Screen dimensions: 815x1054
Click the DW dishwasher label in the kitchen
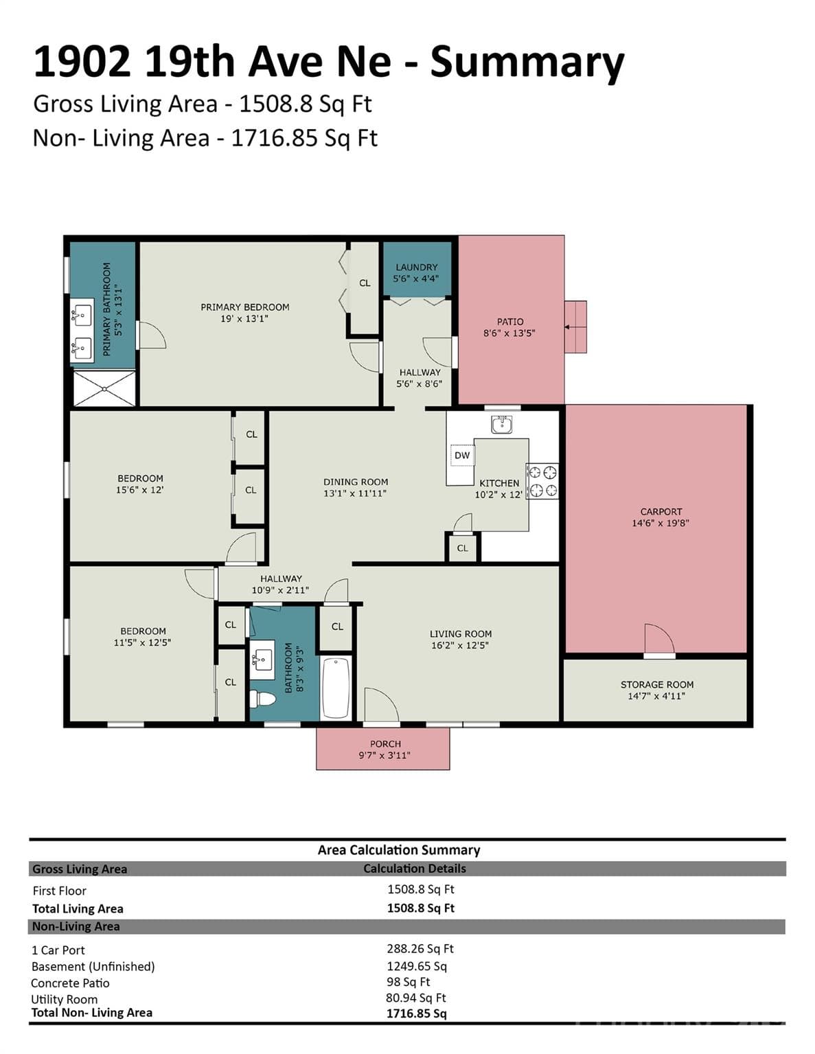[x=462, y=455]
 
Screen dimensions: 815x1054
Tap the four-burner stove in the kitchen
[x=542, y=480]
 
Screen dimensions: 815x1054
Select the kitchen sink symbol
[x=502, y=425]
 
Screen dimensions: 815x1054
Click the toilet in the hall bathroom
[x=262, y=699]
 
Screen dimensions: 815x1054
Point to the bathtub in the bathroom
[x=335, y=688]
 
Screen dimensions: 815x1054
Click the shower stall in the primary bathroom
[x=104, y=388]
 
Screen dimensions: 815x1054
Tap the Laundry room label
[x=416, y=267]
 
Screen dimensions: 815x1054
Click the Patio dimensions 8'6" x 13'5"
[x=509, y=333]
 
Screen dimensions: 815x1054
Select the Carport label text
[x=661, y=512]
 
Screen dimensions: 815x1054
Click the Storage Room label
[x=657, y=684]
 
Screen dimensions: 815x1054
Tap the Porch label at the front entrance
[x=385, y=744]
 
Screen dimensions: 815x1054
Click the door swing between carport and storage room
[x=659, y=639]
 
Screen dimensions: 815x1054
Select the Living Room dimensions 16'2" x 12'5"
[x=460, y=645]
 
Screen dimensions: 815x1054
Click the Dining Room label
[x=356, y=482]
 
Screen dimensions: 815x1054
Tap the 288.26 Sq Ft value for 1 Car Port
[x=420, y=948]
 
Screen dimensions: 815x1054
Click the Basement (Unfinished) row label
[x=93, y=967]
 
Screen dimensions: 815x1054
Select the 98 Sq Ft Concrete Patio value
[x=408, y=982]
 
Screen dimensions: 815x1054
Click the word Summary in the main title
[x=527, y=63]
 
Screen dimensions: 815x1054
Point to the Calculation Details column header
[x=415, y=868]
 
